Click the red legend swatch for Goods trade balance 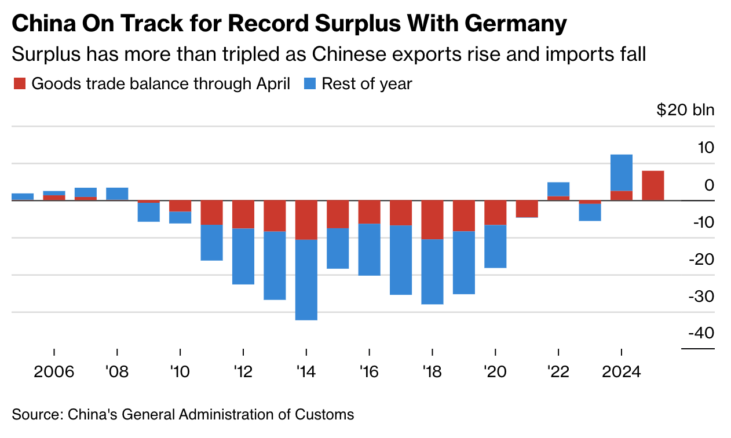(19, 83)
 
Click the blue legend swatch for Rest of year (310, 83)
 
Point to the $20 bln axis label (685, 110)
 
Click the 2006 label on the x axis (54, 371)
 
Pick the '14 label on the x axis (306, 371)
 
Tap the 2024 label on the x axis (621, 371)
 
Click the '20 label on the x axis (495, 371)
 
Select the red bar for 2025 (653, 185)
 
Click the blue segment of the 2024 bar (622, 172)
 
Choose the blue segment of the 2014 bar (306, 279)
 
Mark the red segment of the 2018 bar (433, 220)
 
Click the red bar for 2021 (527, 209)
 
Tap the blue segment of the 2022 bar (558, 189)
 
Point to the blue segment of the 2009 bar (149, 212)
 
